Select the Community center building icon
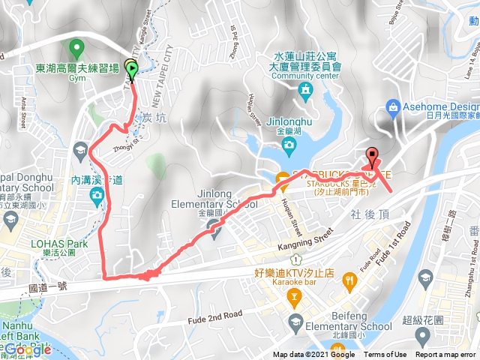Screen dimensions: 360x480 point(304,91)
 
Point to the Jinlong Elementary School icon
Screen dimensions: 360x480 point(215,229)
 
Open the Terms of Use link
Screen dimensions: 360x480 point(385,355)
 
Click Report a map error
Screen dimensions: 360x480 point(446,355)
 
